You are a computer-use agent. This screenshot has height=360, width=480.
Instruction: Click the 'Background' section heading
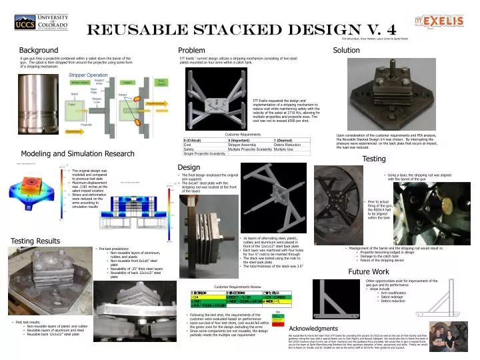[x=38, y=51]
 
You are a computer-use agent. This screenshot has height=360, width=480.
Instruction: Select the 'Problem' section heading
[x=191, y=51]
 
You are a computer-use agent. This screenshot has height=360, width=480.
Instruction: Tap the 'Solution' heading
[x=346, y=50]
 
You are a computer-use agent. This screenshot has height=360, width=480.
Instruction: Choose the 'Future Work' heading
[x=368, y=272]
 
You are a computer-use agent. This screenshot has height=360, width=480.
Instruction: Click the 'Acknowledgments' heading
[x=319, y=329]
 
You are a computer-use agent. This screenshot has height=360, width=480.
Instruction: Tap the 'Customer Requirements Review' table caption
[x=237, y=286]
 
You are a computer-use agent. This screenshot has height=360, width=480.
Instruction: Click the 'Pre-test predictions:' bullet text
[x=117, y=249]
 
